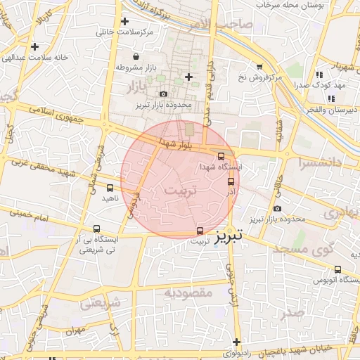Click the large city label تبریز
pos(231,237)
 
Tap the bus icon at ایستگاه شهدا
pos(222,156)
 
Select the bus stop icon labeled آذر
pos(232,181)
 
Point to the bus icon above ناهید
pos(110,188)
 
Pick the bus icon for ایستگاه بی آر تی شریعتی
pos(96,229)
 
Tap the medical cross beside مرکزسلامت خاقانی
pos(124,22)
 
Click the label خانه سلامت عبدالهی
pos(37,57)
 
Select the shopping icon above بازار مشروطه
pos(135,57)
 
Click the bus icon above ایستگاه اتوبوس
pos(338,269)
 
